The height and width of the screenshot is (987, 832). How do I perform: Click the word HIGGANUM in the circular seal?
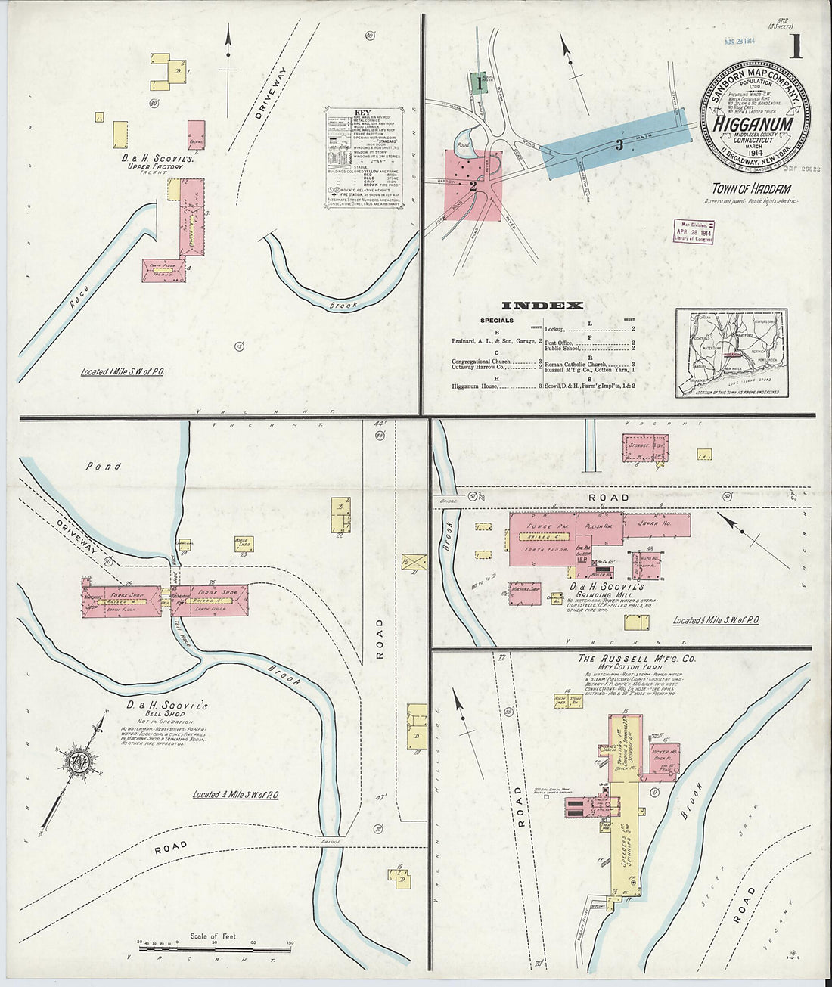(x=753, y=124)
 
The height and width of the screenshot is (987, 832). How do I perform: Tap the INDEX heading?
(x=542, y=306)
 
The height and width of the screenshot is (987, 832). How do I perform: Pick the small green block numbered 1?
(x=477, y=82)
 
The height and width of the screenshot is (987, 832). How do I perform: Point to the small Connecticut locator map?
(x=731, y=352)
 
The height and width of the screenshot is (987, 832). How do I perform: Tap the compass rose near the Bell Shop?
(x=78, y=762)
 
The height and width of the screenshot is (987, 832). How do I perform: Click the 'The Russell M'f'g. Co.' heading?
(x=636, y=659)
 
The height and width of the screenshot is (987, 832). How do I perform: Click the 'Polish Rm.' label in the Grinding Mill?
(x=599, y=523)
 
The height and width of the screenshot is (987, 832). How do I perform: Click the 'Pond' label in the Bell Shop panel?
(x=103, y=467)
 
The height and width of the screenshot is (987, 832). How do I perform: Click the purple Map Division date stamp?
(x=693, y=231)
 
